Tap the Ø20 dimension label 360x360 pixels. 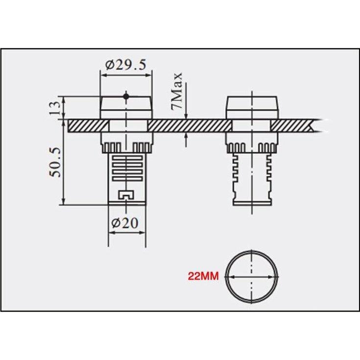tap(126, 223)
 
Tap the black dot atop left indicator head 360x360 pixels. tap(126, 96)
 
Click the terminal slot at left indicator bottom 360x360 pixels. tap(126, 195)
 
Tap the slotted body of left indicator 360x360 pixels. tap(126, 169)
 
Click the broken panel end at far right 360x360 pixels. tap(313, 125)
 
